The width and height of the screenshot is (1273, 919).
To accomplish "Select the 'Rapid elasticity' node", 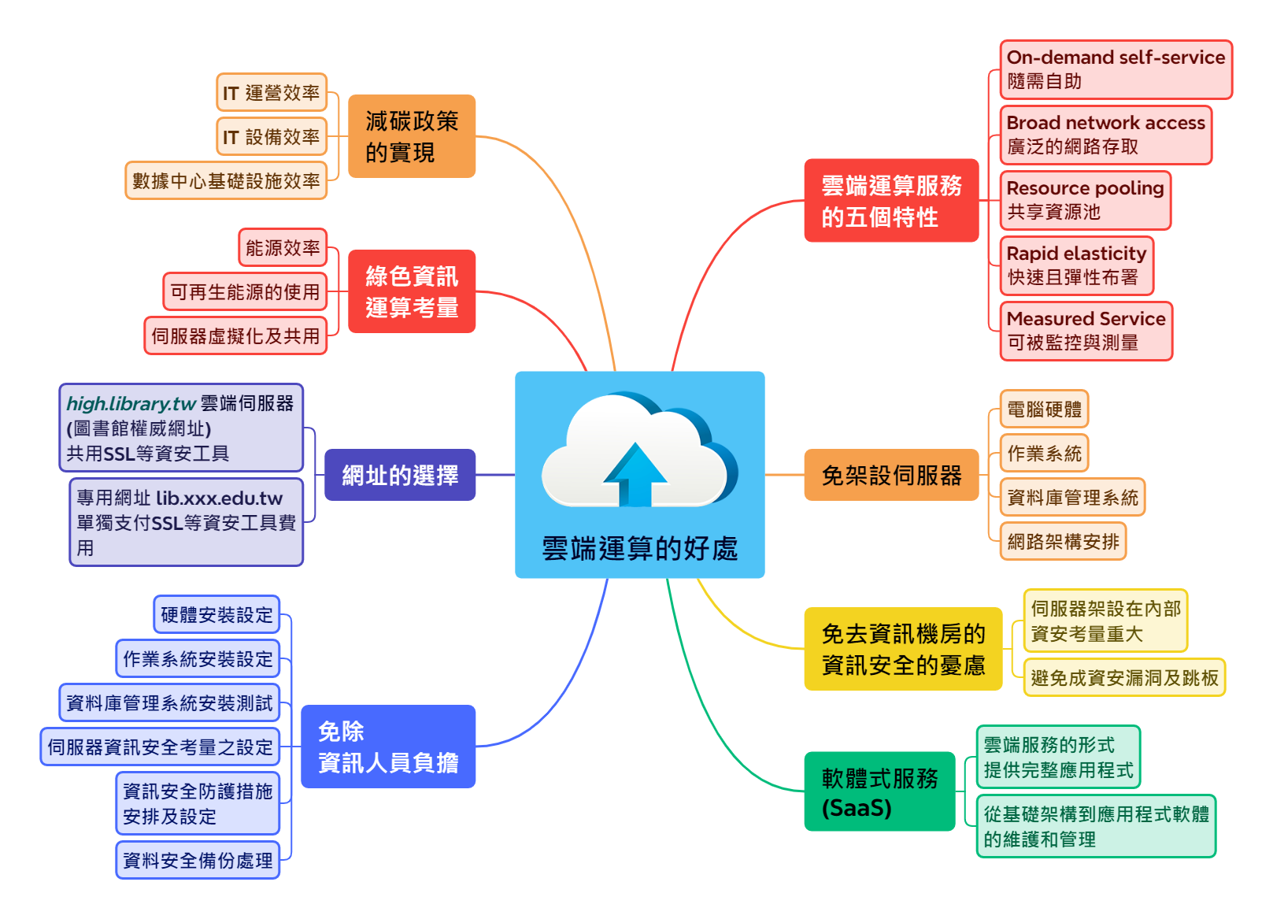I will pyautogui.click(x=1076, y=265).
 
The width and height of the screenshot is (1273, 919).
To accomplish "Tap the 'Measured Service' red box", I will pyautogui.click(x=1086, y=331).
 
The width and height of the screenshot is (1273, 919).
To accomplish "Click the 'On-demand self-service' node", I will pyautogui.click(x=1116, y=69).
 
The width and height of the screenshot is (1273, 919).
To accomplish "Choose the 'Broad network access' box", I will pyautogui.click(x=1105, y=135).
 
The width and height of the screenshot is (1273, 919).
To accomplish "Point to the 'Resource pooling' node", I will pyautogui.click(x=1085, y=200).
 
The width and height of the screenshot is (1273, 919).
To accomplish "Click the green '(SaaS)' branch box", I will pyautogui.click(x=879, y=791).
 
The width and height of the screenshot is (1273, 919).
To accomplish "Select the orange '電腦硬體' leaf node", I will pyautogui.click(x=1044, y=409).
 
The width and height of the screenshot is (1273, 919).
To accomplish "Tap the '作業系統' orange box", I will pyautogui.click(x=1044, y=453).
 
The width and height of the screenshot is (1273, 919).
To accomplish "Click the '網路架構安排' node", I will pyautogui.click(x=1063, y=541).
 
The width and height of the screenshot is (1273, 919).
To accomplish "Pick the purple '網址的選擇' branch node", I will pyautogui.click(x=400, y=475).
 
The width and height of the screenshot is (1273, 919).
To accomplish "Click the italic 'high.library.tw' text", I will pyautogui.click(x=131, y=403).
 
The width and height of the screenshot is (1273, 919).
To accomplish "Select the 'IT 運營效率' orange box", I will pyautogui.click(x=272, y=93).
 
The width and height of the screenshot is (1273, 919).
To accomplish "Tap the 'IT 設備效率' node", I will pyautogui.click(x=272, y=137).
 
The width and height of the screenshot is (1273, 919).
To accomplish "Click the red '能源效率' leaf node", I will pyautogui.click(x=283, y=248).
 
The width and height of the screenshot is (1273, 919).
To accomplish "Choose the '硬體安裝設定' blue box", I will pyautogui.click(x=216, y=614).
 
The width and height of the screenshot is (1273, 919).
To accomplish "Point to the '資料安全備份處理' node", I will pyautogui.click(x=198, y=860).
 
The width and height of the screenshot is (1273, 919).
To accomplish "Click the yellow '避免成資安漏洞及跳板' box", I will pyautogui.click(x=1124, y=677).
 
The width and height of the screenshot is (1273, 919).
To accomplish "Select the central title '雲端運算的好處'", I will pyautogui.click(x=639, y=548).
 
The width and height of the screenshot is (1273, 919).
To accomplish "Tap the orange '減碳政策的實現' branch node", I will pyautogui.click(x=412, y=136).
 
